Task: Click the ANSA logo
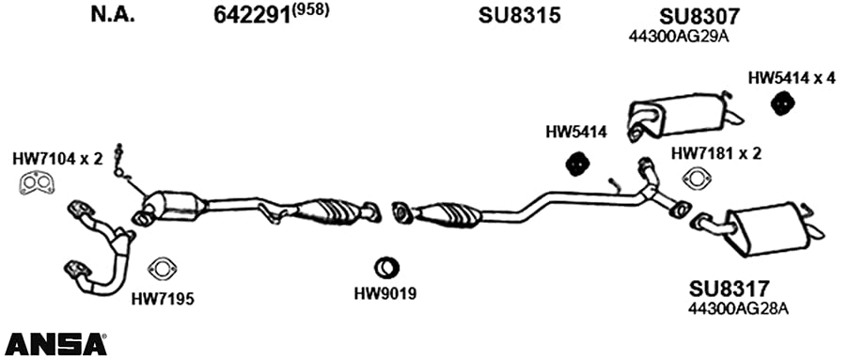point(55,344)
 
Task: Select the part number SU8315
point(519,15)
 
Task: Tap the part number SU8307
point(699,16)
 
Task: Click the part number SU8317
point(729,289)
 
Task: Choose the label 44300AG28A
point(738,309)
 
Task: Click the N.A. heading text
point(113,15)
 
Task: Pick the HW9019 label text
point(385,294)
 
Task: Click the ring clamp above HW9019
point(386,267)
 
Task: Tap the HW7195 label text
point(163,299)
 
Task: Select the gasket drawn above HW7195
point(162,269)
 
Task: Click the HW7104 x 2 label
point(57,160)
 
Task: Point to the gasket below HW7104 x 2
point(37,184)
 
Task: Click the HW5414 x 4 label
point(792,78)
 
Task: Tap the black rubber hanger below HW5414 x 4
point(780,103)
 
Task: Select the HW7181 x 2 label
point(715,154)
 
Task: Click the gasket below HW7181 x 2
point(696,180)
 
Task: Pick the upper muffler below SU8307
point(683,116)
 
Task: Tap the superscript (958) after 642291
point(310,11)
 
